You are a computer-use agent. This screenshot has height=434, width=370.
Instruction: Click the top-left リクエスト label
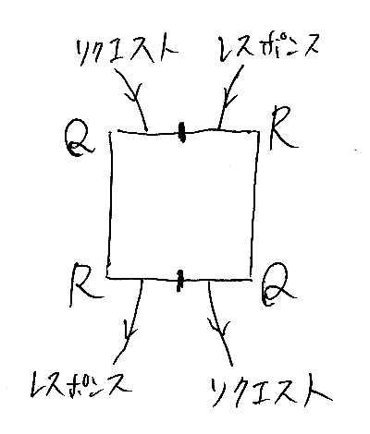(128, 52)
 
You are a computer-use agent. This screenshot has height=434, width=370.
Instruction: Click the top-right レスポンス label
(267, 48)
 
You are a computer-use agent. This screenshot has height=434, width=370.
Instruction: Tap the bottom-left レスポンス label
(81, 384)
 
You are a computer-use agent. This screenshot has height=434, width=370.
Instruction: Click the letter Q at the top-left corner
(79, 141)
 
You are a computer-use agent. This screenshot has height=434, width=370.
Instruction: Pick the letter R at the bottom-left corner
(85, 284)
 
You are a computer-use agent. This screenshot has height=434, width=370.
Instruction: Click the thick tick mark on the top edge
(182, 132)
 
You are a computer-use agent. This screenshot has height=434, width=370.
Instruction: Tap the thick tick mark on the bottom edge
(179, 280)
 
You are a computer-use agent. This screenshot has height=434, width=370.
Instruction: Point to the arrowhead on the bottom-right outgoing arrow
(219, 329)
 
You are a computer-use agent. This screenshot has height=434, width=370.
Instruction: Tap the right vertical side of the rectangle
(254, 203)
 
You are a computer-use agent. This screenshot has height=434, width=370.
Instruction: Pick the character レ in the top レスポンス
(227, 49)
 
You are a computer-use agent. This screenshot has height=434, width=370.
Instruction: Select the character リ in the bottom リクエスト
(220, 391)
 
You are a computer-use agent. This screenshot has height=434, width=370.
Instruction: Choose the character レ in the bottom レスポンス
(38, 383)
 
